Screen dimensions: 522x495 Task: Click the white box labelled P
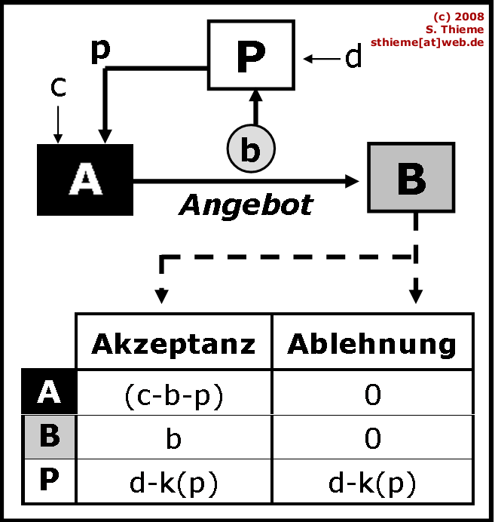[x=249, y=56]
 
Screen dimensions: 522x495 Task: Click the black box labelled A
[x=85, y=180]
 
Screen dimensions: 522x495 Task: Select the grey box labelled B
[x=411, y=177]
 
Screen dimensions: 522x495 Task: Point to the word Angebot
[x=246, y=204]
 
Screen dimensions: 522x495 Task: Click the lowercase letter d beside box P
[x=353, y=57]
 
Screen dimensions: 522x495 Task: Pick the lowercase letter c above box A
[x=58, y=88]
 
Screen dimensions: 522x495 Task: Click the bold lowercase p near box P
[x=99, y=51]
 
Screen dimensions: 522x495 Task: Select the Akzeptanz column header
[x=173, y=343]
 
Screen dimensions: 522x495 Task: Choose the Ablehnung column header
[x=372, y=343]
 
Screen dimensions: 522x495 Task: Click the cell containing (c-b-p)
[x=173, y=394]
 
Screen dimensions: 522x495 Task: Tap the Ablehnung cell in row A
[x=372, y=394]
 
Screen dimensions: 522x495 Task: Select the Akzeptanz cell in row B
[x=173, y=438]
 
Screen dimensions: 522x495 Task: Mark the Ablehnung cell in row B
[x=372, y=438]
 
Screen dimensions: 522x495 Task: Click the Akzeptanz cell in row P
[x=173, y=482]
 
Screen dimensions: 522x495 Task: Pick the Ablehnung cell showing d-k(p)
[x=372, y=482]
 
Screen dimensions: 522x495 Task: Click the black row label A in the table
[x=49, y=392]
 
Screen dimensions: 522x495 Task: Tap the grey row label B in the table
[x=49, y=437]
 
